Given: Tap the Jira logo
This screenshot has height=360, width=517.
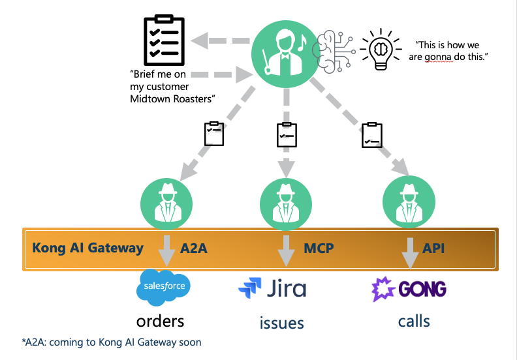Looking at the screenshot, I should coord(272,288).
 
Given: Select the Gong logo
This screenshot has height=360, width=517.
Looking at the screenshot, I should coord(409,288).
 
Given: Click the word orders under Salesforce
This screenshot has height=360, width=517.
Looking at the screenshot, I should coord(160,321).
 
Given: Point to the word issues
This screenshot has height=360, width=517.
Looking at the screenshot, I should coord(281,322).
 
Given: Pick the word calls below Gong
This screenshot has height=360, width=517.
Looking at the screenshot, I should coord(414,321).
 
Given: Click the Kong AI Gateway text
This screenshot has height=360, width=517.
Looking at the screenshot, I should coord(87,248).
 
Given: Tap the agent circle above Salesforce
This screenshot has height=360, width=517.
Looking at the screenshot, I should coord(167,203).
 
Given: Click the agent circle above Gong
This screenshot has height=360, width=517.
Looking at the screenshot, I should coord(408,203).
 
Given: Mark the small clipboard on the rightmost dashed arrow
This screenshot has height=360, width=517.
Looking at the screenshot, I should coord(371,134).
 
